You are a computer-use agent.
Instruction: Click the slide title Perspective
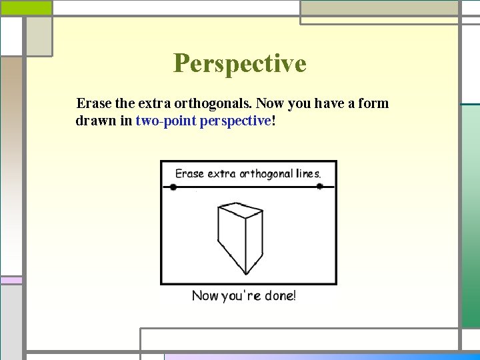pos(240,63)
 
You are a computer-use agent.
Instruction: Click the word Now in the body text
pos(270,104)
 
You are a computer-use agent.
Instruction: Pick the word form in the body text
pos(375,104)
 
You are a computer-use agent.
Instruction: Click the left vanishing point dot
pos(173,187)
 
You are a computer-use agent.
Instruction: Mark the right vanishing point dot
pos(319,187)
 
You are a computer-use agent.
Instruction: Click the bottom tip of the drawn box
pos(246,273)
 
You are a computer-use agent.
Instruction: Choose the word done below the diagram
pos(280,295)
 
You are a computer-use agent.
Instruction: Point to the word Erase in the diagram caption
pos(189,173)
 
